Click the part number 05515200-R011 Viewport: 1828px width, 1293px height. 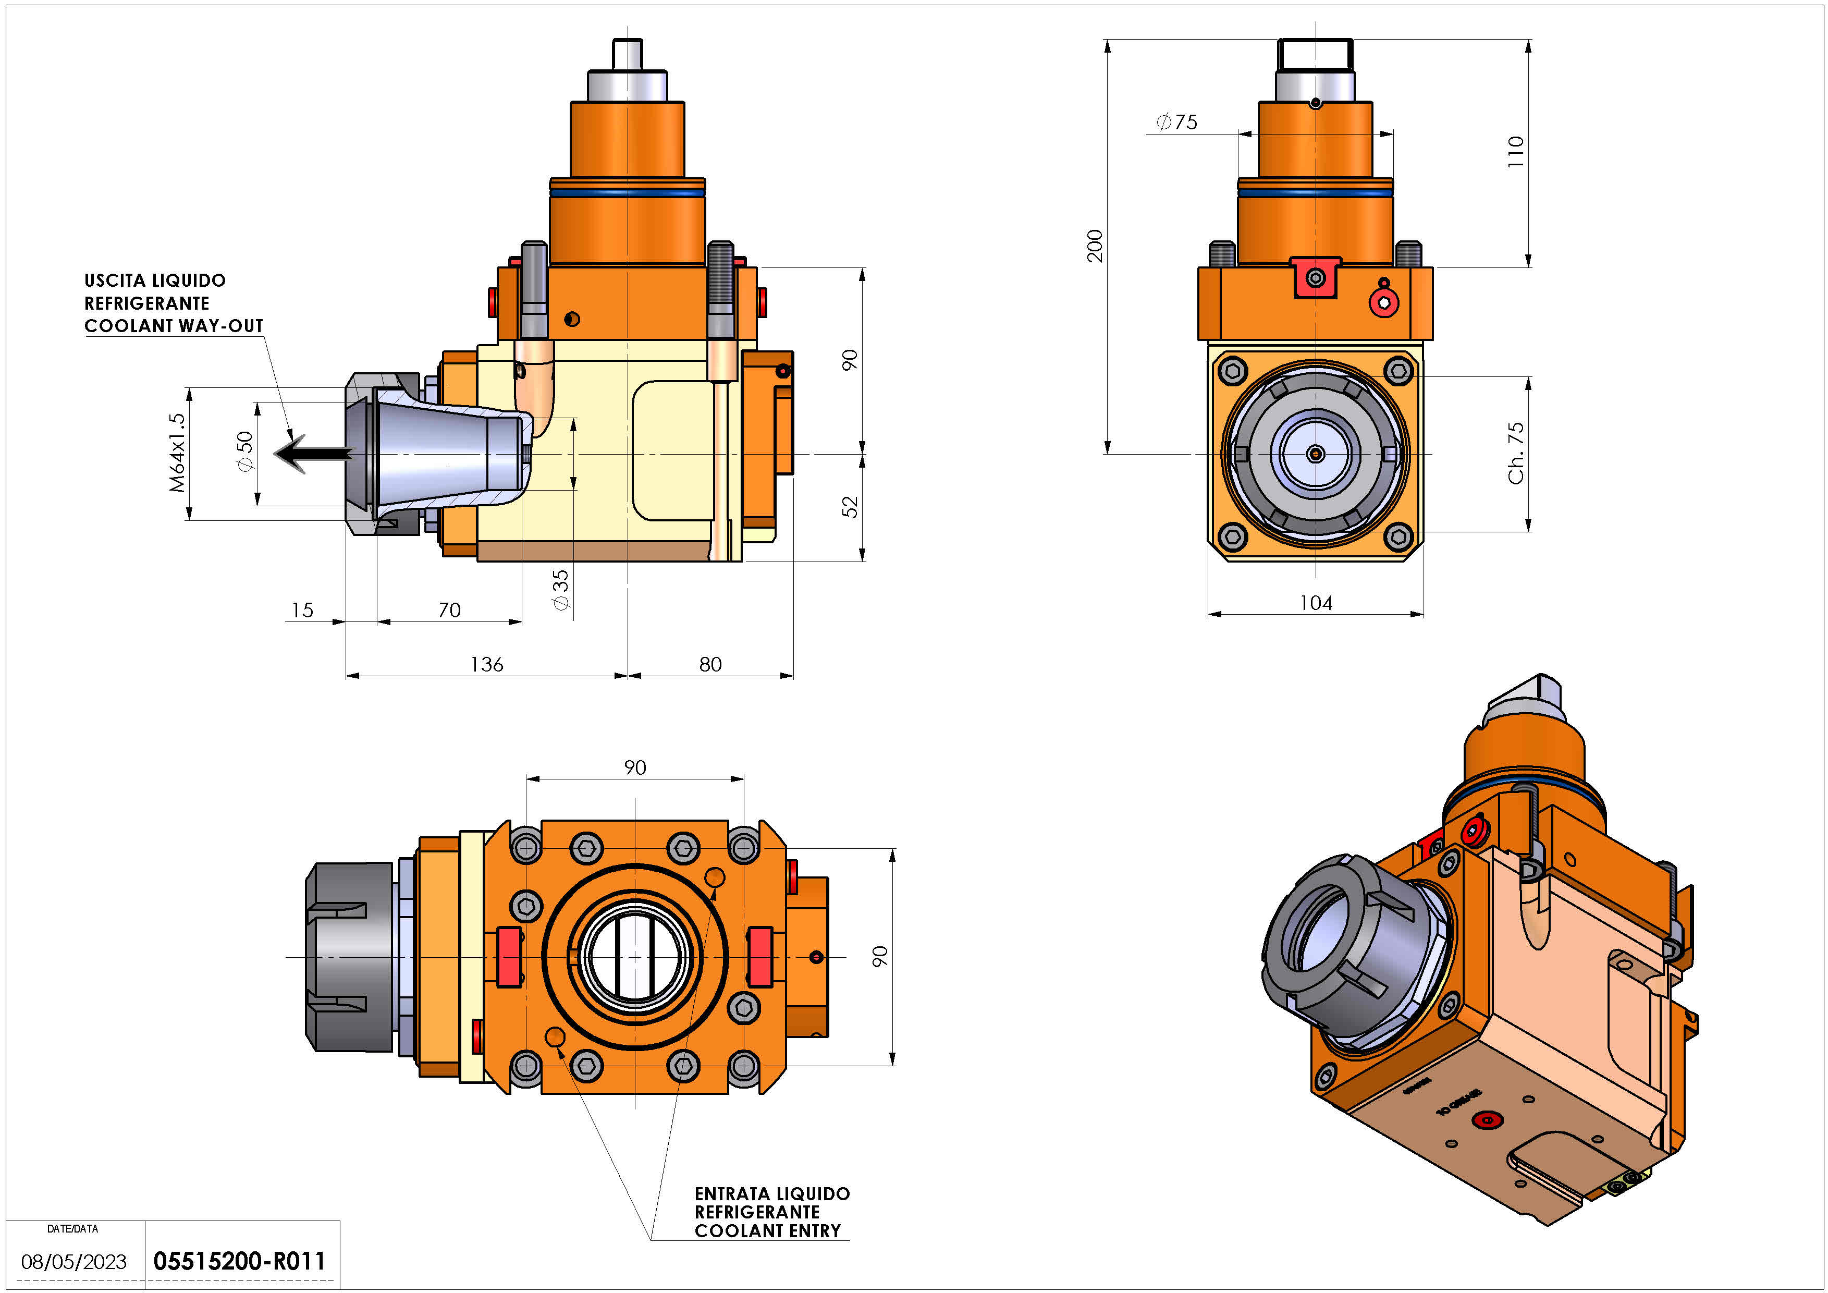pos(239,1261)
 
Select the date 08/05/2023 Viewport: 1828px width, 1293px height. pos(74,1262)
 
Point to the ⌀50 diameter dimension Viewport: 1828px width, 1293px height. pos(245,452)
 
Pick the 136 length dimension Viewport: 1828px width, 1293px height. pos(486,664)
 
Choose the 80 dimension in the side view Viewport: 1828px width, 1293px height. pos(710,664)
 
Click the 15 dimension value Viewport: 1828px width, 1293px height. pos(302,610)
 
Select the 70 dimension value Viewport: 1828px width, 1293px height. pos(449,610)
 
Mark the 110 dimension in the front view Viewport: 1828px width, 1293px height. pos(1515,151)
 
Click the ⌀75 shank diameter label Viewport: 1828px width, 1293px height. pos(1177,122)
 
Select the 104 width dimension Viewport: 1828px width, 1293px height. pos(1315,603)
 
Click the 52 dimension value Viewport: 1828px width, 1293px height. pos(850,506)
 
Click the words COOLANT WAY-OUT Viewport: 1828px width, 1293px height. pos(174,326)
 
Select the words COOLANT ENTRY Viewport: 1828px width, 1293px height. pos(767,1231)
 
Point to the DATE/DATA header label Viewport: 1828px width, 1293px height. pos(72,1228)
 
